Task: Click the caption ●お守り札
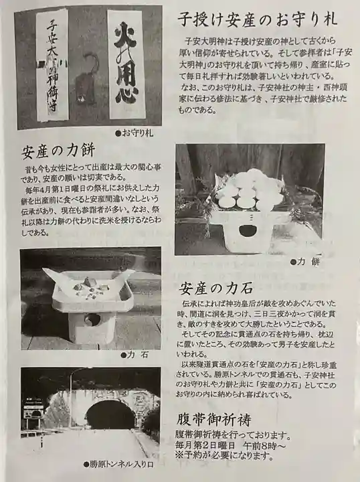[x=134, y=133]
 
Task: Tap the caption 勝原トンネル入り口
[x=118, y=463]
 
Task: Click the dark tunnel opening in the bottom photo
[x=111, y=415]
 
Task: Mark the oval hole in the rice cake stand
[x=248, y=231]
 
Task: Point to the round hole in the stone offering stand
[x=92, y=319]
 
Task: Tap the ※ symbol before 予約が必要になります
[x=179, y=456]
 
